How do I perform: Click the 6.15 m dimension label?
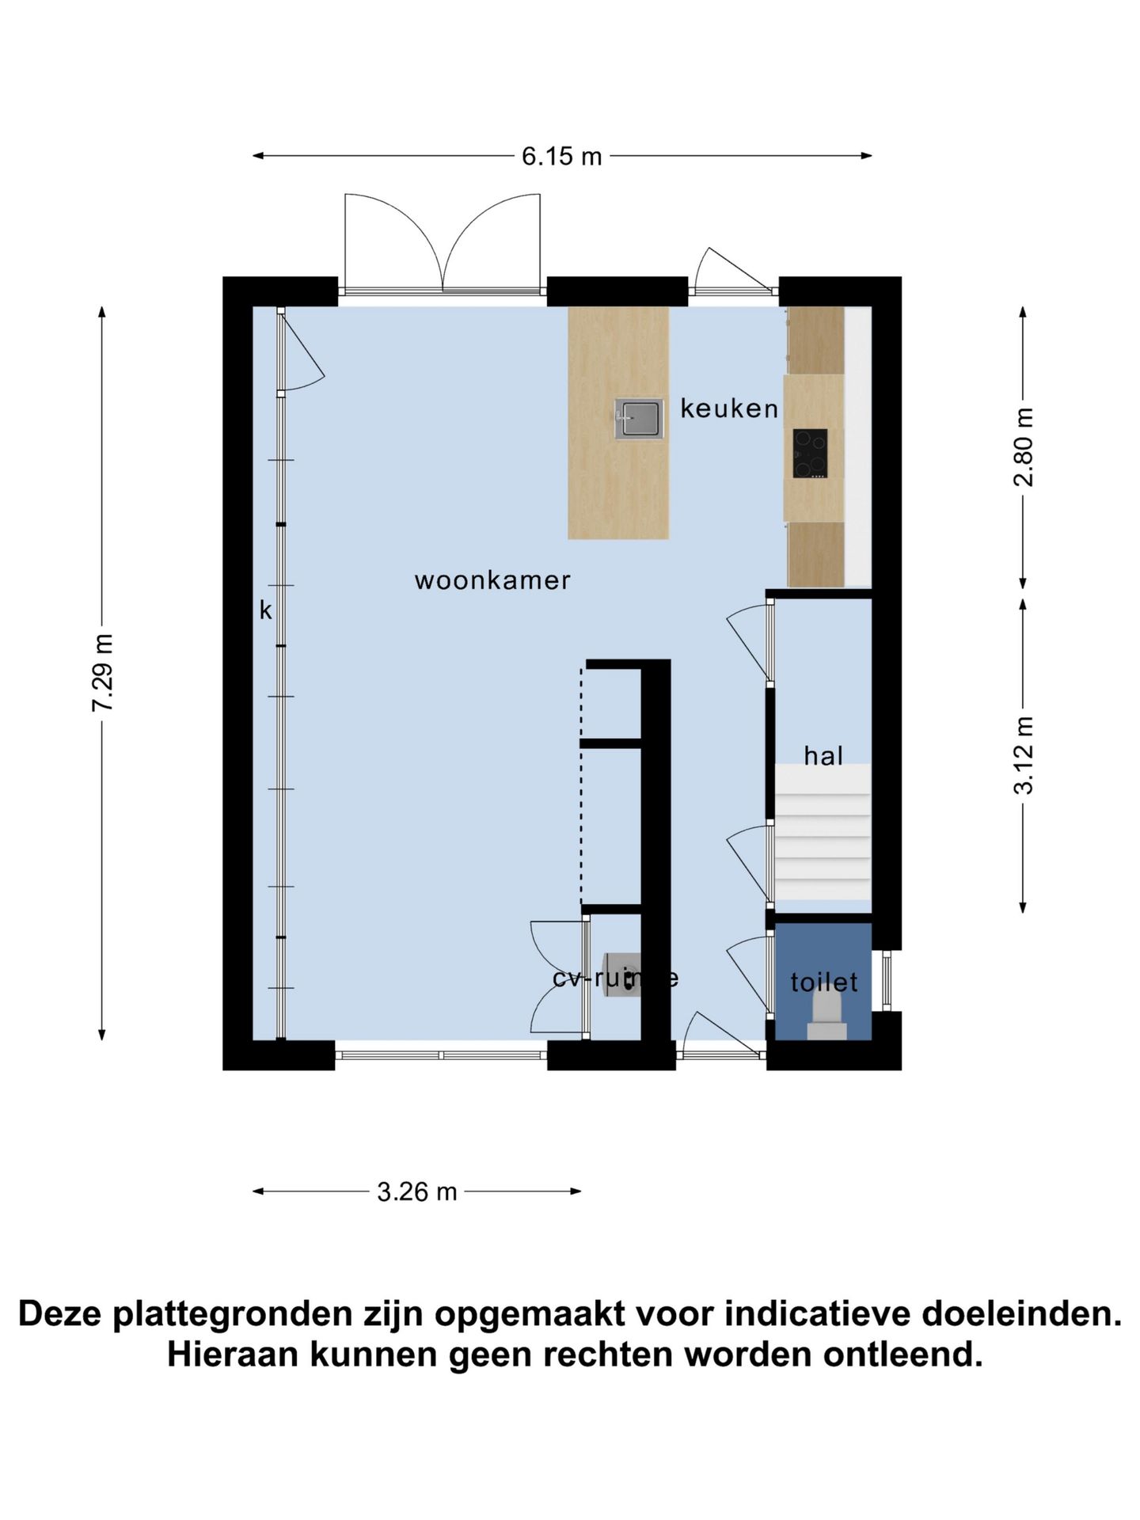point(561,157)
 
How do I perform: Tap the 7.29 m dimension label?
point(103,672)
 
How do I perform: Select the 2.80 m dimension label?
point(1024,446)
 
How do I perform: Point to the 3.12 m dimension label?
point(1024,754)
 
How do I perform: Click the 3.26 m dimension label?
point(416,1191)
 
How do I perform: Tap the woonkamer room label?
point(492,580)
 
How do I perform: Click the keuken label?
point(729,408)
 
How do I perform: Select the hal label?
point(823,756)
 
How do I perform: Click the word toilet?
point(823,982)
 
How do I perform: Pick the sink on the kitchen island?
point(638,420)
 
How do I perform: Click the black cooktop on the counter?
point(810,454)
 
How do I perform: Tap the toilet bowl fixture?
point(826,1016)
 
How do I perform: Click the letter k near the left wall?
point(266,610)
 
